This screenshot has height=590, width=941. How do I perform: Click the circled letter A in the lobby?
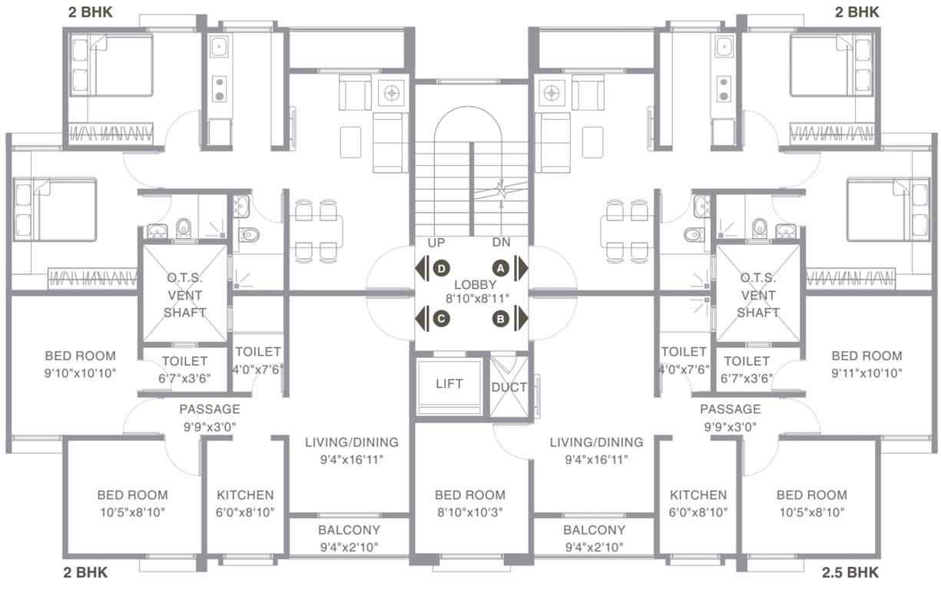click(x=501, y=268)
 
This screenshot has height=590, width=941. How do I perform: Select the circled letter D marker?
click(x=441, y=268)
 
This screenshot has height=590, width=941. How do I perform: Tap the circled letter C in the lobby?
click(x=441, y=317)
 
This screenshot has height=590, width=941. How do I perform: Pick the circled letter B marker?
click(x=501, y=317)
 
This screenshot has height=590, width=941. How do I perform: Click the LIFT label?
click(x=449, y=383)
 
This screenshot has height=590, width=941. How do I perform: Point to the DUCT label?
click(x=509, y=387)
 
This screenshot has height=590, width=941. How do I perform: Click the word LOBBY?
click(x=469, y=284)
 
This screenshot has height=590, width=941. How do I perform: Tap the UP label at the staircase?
click(x=436, y=242)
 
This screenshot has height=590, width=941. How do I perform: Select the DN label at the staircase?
click(x=502, y=242)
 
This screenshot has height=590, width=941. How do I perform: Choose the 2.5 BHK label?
click(x=850, y=572)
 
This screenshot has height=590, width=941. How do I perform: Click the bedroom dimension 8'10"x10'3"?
click(x=470, y=512)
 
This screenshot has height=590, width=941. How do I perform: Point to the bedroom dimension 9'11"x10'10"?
click(x=866, y=373)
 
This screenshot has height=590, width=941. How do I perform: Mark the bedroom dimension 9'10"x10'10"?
click(x=80, y=373)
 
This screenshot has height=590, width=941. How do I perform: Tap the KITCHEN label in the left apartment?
click(x=244, y=496)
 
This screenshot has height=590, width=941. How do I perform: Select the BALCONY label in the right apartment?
click(x=593, y=530)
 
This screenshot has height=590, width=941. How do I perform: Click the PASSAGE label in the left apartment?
click(x=210, y=409)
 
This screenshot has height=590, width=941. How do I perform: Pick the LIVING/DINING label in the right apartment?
click(x=596, y=442)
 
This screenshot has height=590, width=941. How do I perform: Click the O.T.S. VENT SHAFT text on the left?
click(x=184, y=295)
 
